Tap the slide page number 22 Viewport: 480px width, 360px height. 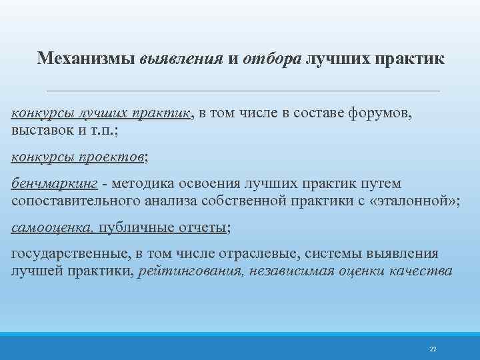coord(433,349)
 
